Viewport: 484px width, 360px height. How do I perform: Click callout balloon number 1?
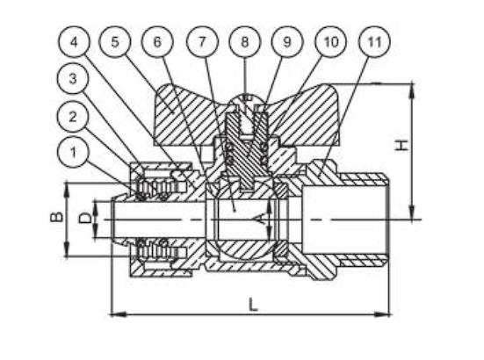click(73, 153)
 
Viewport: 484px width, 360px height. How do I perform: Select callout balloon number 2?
click(73, 117)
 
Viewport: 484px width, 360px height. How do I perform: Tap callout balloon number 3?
click(73, 78)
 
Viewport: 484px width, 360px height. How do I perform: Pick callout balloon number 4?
click(74, 41)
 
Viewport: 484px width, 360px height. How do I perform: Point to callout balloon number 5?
click(115, 41)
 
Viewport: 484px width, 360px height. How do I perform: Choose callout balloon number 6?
click(157, 41)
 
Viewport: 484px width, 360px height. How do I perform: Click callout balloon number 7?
click(202, 41)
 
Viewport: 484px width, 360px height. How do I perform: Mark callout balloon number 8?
click(245, 41)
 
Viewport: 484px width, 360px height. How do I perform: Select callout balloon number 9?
click(287, 41)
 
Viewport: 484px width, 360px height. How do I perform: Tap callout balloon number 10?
click(330, 41)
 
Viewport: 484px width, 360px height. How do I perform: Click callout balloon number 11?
click(374, 41)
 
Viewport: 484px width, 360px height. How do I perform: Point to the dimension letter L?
click(253, 305)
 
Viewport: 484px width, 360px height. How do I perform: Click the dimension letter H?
click(402, 145)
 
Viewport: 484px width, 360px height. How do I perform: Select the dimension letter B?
click(56, 217)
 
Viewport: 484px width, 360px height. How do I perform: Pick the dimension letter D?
click(85, 218)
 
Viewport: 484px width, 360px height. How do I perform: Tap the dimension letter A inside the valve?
click(261, 219)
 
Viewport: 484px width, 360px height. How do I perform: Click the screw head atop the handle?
click(245, 97)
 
